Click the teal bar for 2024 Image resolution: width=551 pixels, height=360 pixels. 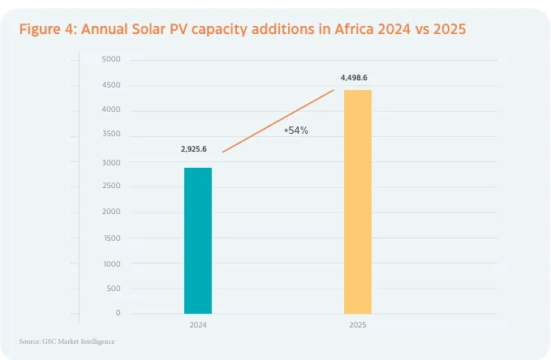click(198, 240)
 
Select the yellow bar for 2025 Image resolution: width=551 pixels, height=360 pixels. click(358, 201)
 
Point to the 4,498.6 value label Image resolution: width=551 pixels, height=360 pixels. click(359, 78)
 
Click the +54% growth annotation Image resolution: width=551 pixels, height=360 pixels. click(295, 130)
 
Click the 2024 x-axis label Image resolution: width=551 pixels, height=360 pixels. click(198, 324)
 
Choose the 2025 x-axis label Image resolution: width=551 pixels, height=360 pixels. click(358, 324)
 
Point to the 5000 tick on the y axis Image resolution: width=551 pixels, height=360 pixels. click(111, 60)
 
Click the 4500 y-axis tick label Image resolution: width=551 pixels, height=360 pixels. click(111, 85)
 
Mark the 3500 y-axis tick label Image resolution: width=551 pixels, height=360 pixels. click(111, 135)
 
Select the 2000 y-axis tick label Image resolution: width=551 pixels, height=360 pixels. click(111, 212)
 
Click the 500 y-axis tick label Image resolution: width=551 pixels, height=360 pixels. click(113, 289)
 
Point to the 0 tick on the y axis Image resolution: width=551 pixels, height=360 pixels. click(118, 313)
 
